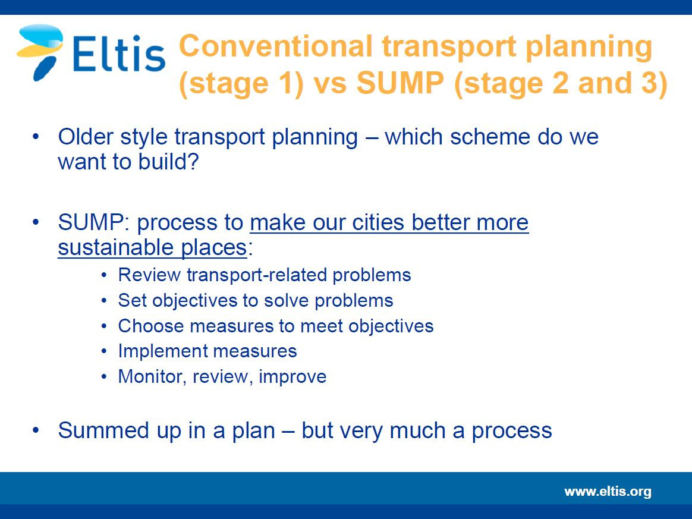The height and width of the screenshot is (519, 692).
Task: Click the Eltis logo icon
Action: click(x=40, y=52)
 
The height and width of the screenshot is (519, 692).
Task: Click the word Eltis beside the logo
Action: click(x=118, y=54)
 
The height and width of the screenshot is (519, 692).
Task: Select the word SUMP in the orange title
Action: click(x=400, y=83)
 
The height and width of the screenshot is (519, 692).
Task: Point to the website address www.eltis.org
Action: click(x=608, y=491)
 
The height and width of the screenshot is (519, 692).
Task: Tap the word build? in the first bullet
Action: click(x=169, y=161)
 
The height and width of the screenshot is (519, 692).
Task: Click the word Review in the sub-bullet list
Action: click(x=149, y=275)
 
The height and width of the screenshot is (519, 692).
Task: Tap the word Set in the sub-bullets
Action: click(x=132, y=300)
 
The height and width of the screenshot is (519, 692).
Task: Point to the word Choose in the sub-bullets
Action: click(x=151, y=326)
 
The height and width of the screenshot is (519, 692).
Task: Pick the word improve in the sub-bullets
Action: click(x=292, y=377)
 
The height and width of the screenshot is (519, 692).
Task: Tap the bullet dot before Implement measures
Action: click(x=104, y=352)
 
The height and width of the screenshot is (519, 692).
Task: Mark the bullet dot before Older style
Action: click(x=36, y=136)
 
